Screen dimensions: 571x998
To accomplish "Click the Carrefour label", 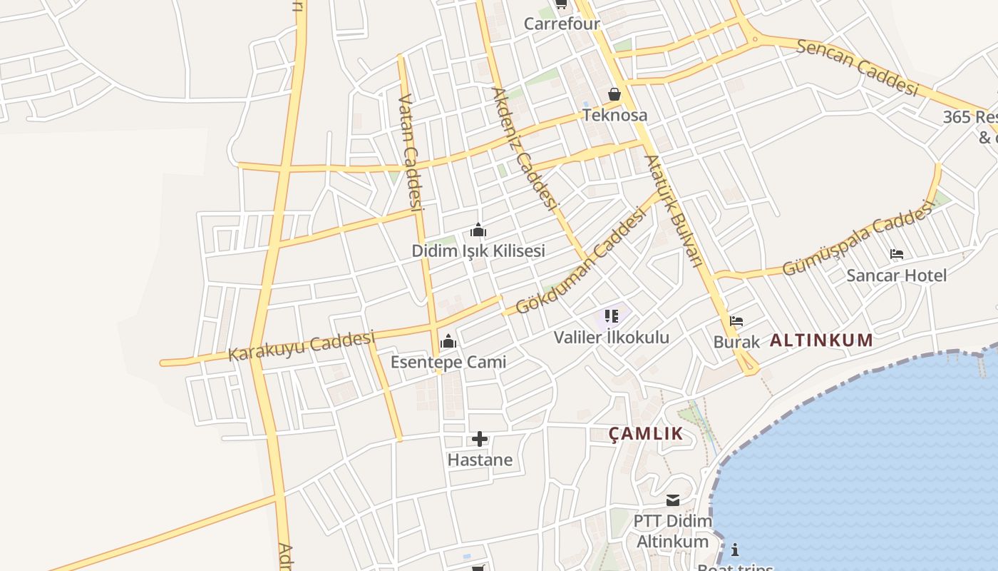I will (x=562, y=24).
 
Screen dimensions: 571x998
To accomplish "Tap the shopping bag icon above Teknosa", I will (x=614, y=94).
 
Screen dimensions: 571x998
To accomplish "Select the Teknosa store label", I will (x=615, y=115).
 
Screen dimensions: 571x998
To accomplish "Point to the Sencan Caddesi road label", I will (x=856, y=67).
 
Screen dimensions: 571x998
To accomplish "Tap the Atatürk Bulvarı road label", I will (x=674, y=211).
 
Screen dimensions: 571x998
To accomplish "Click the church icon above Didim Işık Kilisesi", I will (x=478, y=231).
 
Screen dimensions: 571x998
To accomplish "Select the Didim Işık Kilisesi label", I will (x=478, y=251).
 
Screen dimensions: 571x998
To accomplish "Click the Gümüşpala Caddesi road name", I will (x=858, y=238).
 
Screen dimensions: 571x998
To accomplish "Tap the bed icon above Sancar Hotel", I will (x=897, y=254).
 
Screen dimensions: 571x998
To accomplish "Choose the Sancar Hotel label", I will (x=897, y=276).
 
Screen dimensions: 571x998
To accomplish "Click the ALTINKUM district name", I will (x=821, y=340).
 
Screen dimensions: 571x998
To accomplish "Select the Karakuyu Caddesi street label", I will (x=302, y=345).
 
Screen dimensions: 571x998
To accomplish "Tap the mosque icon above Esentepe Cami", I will (x=448, y=341).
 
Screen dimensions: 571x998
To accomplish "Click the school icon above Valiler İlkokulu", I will (x=612, y=315).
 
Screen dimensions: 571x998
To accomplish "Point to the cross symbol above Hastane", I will (x=480, y=439).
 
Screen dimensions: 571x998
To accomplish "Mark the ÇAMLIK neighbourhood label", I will (x=646, y=433).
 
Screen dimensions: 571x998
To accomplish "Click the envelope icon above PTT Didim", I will (x=673, y=500).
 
